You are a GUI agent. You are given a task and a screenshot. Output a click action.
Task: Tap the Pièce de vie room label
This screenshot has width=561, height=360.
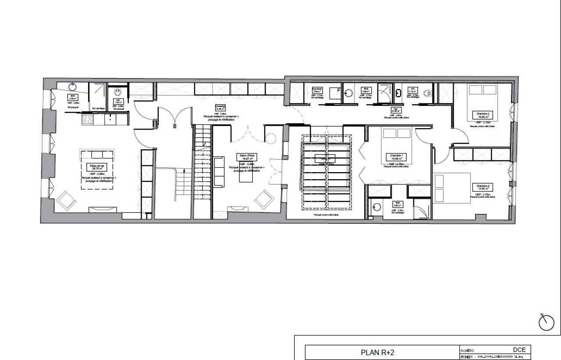click(x=97, y=167)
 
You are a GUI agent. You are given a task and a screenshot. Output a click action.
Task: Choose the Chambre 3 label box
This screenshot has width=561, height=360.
click(x=482, y=187)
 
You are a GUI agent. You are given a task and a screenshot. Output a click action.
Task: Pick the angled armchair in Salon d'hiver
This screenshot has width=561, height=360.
click(x=264, y=200)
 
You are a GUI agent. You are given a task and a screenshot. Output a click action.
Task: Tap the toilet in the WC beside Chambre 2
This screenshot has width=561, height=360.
click(x=428, y=93)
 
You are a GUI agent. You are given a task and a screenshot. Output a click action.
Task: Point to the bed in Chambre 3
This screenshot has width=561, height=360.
click(x=451, y=187)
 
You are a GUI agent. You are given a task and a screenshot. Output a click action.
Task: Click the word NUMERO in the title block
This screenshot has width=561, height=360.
click(x=467, y=351)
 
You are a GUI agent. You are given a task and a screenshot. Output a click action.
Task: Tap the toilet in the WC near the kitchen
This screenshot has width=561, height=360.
click(x=118, y=93)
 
